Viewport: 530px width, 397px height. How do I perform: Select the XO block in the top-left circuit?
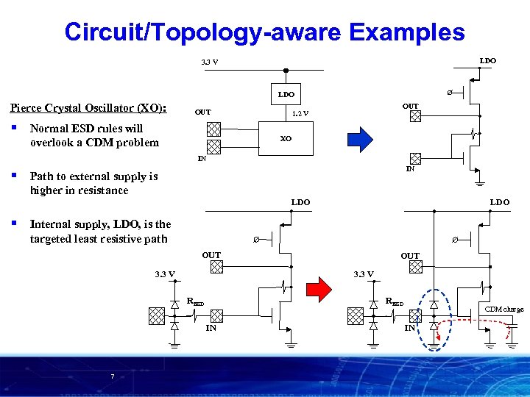286,138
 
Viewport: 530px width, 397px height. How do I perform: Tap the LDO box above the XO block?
286,95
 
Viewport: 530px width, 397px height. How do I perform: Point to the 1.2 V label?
300,113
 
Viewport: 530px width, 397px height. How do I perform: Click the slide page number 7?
112,377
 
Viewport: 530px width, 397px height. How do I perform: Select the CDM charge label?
504,310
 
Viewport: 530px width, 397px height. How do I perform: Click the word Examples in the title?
408,32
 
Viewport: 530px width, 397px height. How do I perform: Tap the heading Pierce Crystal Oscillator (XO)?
88,108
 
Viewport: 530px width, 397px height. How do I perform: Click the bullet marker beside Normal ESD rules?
15,128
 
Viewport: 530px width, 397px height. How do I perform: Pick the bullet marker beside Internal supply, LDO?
15,223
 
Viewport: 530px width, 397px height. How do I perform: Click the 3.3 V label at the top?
209,62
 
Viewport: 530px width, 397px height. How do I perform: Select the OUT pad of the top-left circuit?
213,129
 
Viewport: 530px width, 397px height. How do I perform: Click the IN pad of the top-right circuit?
415,158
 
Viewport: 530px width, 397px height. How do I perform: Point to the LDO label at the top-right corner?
487,60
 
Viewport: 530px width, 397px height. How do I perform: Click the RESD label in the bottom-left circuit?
194,301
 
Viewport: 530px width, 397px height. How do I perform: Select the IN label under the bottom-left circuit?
211,328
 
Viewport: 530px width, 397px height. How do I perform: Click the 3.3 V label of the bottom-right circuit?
364,274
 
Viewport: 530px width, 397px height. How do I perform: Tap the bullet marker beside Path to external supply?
15,176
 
